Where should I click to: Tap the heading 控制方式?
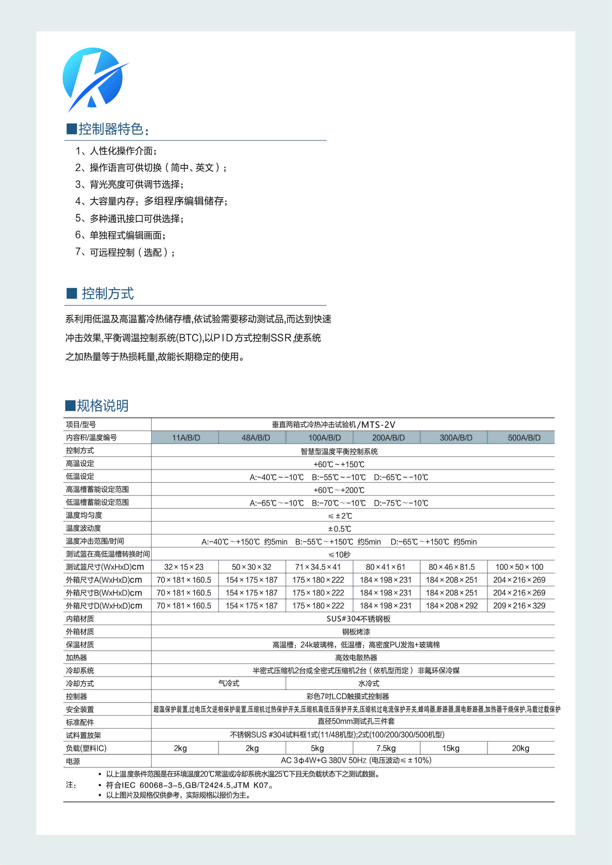pos(108,293)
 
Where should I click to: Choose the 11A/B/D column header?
pos(186,438)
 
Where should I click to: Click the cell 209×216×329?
pos(519,606)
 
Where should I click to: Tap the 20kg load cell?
pos(521,748)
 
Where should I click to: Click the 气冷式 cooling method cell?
pos(229,684)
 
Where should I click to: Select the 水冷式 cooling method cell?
pos(369,684)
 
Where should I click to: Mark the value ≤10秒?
pos(339,555)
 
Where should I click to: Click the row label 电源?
pos(73,761)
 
